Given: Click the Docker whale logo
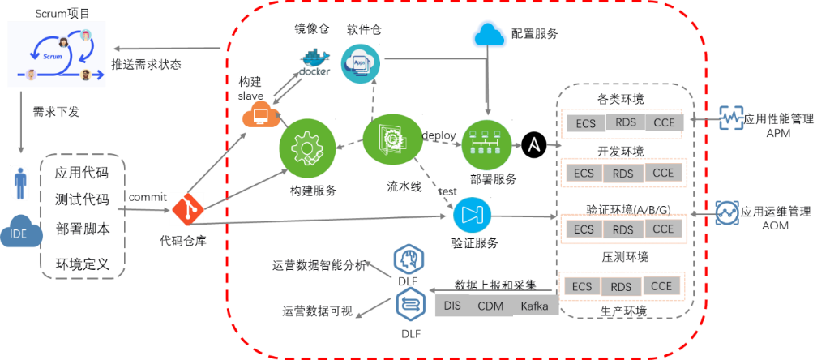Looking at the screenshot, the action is coord(314,62).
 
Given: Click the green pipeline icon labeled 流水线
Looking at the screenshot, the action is coord(391,139).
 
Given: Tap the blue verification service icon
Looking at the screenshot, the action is coord(473,214).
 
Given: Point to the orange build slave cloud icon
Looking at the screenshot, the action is coord(261,115).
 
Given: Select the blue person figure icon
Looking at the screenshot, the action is coord(20,183).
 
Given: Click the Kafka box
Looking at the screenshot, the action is coord(535,306).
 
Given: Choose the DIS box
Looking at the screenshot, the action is coord(452,306).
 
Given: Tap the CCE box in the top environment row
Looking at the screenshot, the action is coord(665,122).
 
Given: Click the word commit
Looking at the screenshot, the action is coord(147,197).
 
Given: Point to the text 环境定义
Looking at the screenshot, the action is coord(83,264).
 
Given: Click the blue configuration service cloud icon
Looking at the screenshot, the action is coord(490,34).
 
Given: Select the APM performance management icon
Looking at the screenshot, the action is coord(732,118).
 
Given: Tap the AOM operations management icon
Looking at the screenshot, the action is coord(727,212).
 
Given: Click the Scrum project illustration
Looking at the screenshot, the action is coord(57,54).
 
